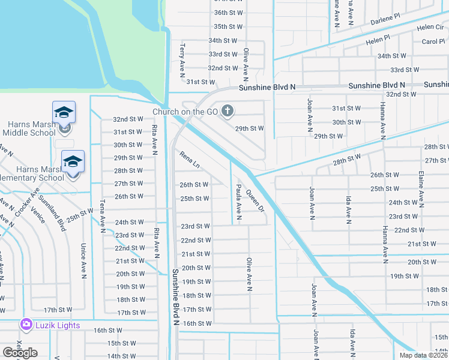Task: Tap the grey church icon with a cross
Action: tap(227, 110)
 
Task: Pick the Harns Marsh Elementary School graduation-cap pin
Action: tap(73, 162)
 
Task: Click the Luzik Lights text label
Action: tap(58, 325)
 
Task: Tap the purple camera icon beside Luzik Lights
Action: tap(26, 325)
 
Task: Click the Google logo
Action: tap(20, 353)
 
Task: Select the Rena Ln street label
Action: tap(189, 160)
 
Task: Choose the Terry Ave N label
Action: tap(182, 60)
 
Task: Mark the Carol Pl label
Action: tap(433, 41)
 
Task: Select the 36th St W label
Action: tap(228, 13)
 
